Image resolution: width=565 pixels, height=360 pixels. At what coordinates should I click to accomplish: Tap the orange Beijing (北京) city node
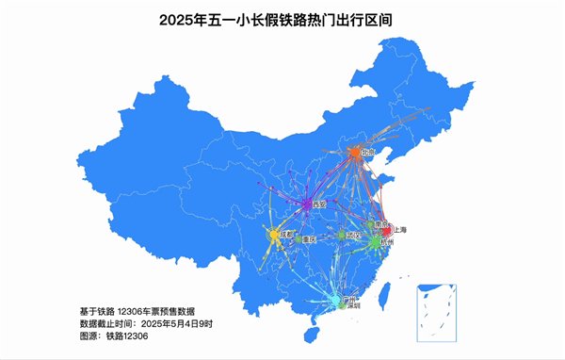(355, 153)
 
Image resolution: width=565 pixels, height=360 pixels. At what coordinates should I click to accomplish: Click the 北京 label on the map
(368, 152)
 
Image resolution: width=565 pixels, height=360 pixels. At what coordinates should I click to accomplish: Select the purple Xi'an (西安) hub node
(307, 204)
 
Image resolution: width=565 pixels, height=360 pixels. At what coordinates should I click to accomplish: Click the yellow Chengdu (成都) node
(273, 234)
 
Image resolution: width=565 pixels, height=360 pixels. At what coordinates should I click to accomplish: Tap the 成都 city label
(286, 233)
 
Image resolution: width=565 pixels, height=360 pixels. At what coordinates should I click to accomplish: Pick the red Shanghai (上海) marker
(386, 230)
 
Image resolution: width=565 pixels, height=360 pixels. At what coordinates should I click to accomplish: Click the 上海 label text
(400, 229)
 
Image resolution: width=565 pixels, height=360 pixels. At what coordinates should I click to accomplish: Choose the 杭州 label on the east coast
(387, 242)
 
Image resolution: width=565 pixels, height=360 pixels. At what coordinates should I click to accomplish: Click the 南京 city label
(379, 225)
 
